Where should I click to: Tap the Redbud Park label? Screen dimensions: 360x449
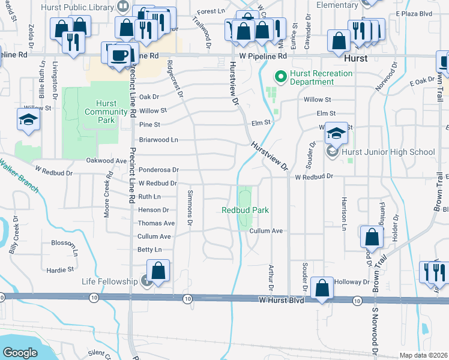tap(244, 210)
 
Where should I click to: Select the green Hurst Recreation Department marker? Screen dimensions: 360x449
tap(279, 76)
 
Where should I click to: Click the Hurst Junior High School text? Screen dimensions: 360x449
tap(388, 152)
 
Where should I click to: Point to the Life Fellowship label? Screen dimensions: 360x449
tap(110, 281)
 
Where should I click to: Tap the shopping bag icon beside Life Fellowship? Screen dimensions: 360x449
tap(158, 271)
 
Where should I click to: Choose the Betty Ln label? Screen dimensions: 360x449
tap(149, 250)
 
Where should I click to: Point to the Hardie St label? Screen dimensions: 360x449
tap(62, 269)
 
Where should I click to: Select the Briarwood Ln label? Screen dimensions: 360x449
tap(158, 139)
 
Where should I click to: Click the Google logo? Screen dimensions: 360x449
tap(20, 352)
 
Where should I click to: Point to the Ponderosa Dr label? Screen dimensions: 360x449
tap(158, 170)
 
